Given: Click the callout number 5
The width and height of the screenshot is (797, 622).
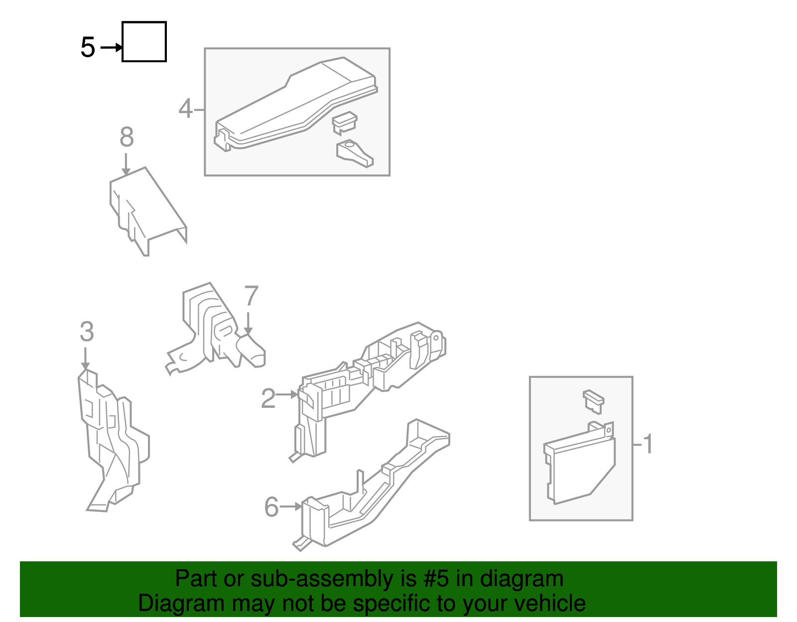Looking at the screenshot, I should tap(88, 48).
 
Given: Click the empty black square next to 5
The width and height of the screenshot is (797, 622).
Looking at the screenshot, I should tap(144, 42).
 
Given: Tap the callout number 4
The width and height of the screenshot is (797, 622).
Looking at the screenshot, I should tap(185, 109).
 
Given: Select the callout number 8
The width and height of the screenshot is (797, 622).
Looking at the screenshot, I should tap(127, 137).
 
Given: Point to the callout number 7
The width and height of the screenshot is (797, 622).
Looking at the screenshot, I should tap(251, 296).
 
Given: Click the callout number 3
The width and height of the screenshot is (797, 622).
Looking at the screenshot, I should tap(87, 332).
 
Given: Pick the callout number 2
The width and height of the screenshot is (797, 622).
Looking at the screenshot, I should tap(268, 398).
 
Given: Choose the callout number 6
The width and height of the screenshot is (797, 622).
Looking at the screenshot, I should tap(271, 507).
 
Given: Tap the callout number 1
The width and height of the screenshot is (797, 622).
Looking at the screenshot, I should tap(648, 444).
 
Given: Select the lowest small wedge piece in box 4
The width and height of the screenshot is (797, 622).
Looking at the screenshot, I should tap(354, 153).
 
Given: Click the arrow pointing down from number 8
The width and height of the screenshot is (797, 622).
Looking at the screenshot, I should tap(126, 164).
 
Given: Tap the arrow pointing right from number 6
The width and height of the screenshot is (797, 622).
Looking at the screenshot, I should tap(291, 507).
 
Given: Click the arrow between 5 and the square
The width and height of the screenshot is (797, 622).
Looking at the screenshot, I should tap(111, 48).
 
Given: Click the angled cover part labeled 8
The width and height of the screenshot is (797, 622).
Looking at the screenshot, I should tap(147, 209).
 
